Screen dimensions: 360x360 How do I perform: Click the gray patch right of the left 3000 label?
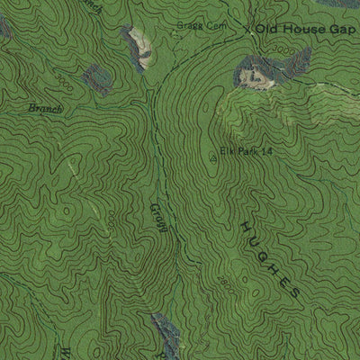(95, 79)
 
